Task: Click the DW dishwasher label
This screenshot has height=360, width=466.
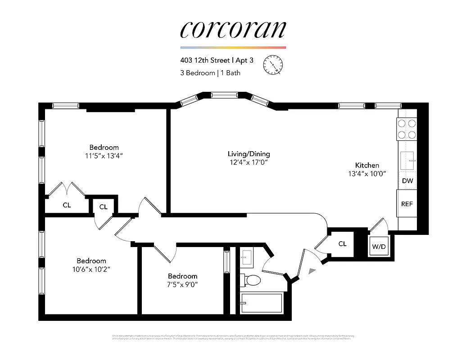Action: click(407, 181)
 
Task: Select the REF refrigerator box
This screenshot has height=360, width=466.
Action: click(407, 203)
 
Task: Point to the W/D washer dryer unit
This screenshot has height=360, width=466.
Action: click(378, 247)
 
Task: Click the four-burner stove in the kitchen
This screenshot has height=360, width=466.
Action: click(407, 129)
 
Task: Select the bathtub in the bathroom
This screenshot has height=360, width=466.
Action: click(261, 303)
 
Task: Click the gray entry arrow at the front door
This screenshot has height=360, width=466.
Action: click(312, 270)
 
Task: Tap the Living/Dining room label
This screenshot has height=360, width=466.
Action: click(249, 154)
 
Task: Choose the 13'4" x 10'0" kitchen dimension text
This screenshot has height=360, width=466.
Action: click(367, 173)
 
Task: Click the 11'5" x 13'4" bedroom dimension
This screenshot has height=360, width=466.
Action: click(104, 156)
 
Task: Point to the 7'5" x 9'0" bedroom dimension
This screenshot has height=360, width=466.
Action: click(182, 284)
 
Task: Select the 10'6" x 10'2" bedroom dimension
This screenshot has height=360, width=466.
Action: click(91, 269)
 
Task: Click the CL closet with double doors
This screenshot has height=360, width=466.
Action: click(67, 205)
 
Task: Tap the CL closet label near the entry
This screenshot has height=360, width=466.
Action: click(342, 243)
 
